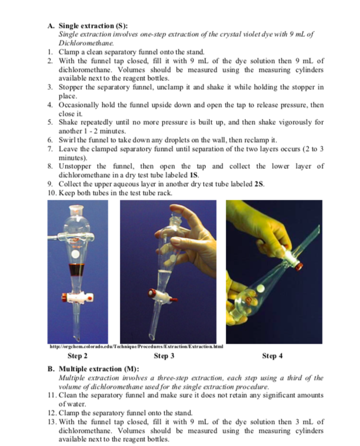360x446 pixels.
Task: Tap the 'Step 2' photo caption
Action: pos(77,356)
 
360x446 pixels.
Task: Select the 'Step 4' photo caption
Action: pos(272,356)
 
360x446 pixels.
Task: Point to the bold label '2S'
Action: pos(258,184)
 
